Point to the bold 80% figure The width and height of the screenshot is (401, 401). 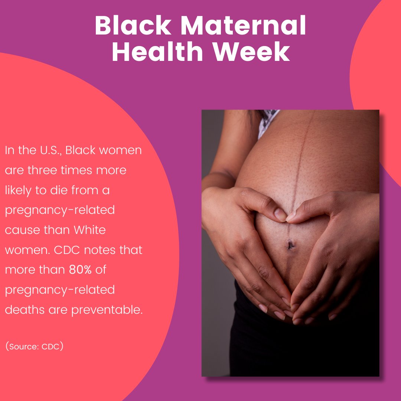pos(80,270)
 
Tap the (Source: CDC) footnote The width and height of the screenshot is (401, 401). pos(34,347)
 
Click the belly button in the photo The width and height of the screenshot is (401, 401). pos(290,245)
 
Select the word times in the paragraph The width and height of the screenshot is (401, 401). pos(77,170)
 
